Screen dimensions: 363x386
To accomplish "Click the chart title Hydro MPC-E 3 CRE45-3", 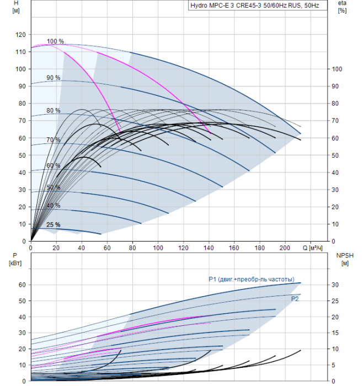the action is (x=255, y=6).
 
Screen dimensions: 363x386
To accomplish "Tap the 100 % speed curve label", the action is (x=55, y=41).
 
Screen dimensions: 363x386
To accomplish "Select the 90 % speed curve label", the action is (x=54, y=78).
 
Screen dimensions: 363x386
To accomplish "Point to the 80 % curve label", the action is (x=54, y=110).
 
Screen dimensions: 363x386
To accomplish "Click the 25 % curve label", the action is (x=54, y=225).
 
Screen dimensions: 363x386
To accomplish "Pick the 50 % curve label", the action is (x=54, y=187).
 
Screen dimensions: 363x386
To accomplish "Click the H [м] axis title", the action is (x=16, y=7).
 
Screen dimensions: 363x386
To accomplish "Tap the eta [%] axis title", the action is (x=343, y=7).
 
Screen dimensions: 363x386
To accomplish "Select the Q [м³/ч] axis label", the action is (x=312, y=248).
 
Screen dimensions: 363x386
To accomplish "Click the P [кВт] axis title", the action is (x=15, y=260).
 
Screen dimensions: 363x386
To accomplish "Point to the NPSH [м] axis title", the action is (x=345, y=260).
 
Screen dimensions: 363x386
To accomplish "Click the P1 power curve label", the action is (x=252, y=280).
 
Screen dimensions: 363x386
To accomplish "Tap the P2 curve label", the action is (x=295, y=299).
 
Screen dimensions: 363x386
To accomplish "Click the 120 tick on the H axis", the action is (x=20, y=35).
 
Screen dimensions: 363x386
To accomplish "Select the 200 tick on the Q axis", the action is (x=285, y=248).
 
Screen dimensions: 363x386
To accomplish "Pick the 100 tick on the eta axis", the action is (x=337, y=69).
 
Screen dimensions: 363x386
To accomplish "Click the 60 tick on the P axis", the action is (x=22, y=285).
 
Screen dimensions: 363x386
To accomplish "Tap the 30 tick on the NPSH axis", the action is (x=335, y=285).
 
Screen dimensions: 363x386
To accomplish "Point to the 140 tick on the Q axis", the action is (x=209, y=248).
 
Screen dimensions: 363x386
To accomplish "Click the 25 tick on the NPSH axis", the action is (x=335, y=301).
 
